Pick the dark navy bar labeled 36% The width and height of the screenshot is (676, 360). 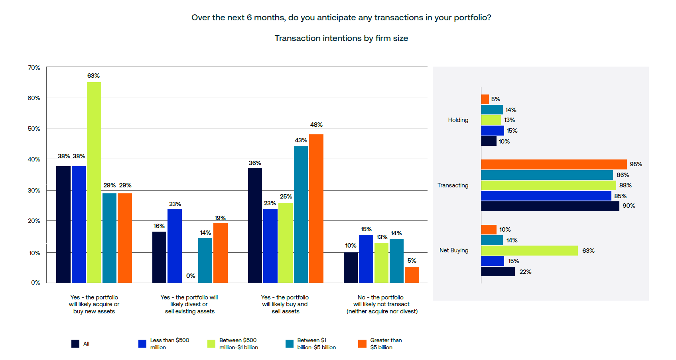(x=255, y=225)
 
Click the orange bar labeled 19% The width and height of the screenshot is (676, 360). (x=221, y=253)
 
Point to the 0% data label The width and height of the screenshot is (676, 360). (x=191, y=276)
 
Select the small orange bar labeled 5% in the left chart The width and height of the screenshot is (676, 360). (x=412, y=275)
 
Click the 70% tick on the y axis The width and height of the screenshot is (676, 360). (x=34, y=68)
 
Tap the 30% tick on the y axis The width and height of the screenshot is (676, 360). (x=34, y=191)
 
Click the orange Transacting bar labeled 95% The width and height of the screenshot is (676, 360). (x=554, y=164)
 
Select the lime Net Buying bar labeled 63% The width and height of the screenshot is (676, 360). (x=529, y=250)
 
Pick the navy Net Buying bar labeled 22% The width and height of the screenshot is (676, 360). (x=498, y=271)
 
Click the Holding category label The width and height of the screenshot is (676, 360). (x=458, y=120)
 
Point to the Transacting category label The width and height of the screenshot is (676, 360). (x=453, y=185)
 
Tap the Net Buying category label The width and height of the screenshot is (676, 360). (x=454, y=250)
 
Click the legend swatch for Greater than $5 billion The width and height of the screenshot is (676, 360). (x=362, y=344)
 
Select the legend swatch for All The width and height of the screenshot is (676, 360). (x=75, y=344)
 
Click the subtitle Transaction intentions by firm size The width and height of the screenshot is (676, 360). (x=341, y=38)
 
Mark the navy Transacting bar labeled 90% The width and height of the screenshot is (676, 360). (x=550, y=206)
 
